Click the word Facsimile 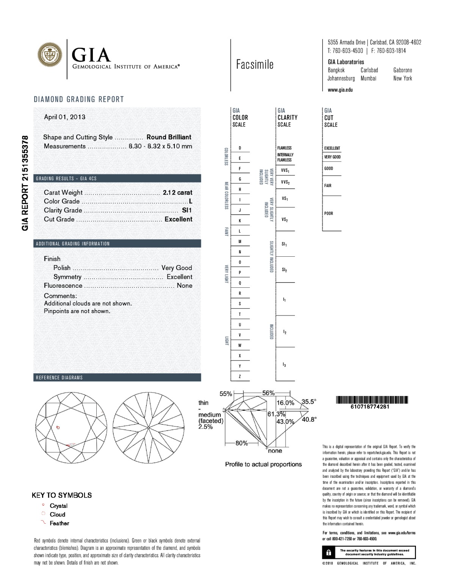[x=254, y=65]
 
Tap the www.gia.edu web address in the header [x=340, y=90]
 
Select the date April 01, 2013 [x=64, y=117]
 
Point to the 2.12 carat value [x=177, y=192]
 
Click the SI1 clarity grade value [x=187, y=210]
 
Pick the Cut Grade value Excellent [x=178, y=219]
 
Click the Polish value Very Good [x=177, y=268]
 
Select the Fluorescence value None [x=184, y=285]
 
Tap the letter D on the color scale [x=240, y=148]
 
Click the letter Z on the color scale [x=240, y=377]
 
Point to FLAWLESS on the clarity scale [x=284, y=148]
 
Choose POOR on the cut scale [x=329, y=214]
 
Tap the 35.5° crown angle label [x=309, y=402]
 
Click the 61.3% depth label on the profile [x=276, y=414]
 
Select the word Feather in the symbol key [x=60, y=523]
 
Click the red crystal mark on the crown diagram [x=58, y=427]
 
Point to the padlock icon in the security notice [x=329, y=552]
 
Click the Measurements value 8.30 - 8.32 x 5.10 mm [x=160, y=146]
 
